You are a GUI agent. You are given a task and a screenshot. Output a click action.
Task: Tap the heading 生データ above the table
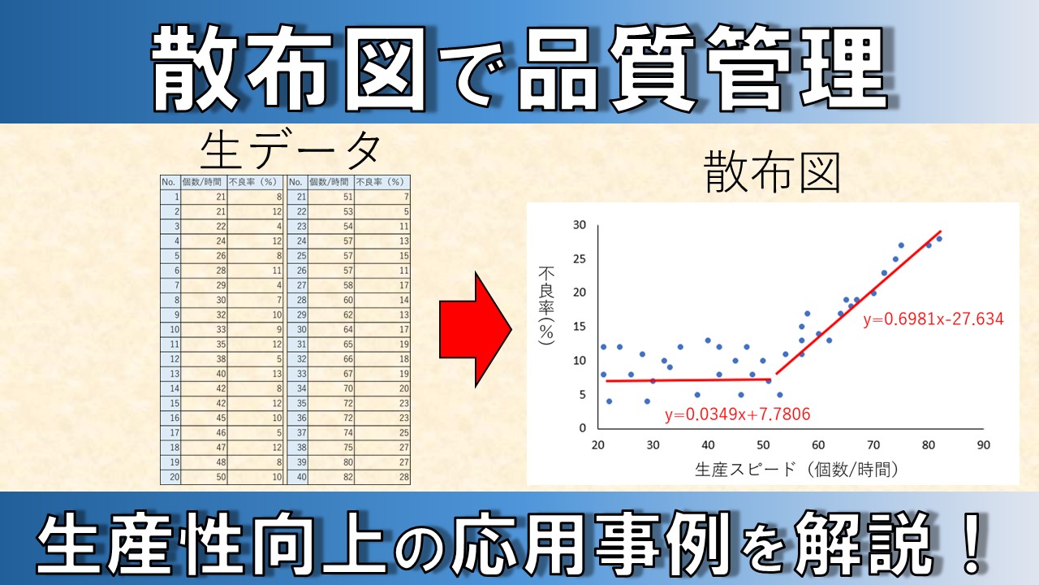point(291,150)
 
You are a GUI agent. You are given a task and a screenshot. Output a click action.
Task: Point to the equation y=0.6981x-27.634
point(933,318)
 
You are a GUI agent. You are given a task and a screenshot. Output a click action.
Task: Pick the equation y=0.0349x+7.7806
point(737,415)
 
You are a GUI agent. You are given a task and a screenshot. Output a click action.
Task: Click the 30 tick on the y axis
point(579,225)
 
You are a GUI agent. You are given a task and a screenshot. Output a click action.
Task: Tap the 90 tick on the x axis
point(984,444)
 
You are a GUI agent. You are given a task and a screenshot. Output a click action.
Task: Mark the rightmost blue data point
point(939,238)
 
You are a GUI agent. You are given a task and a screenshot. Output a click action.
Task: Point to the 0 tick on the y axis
point(582,427)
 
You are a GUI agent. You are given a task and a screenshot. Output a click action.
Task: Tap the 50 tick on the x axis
point(763,444)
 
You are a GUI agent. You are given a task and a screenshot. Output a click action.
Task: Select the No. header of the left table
point(169,182)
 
